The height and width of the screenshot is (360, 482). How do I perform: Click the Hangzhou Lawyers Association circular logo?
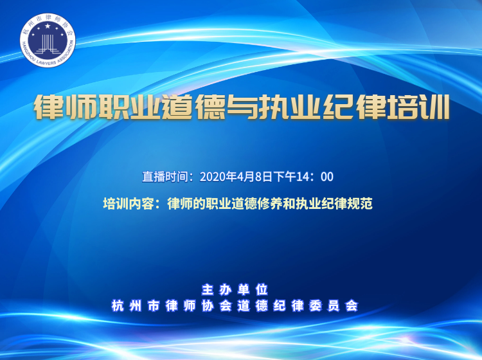click(48, 40)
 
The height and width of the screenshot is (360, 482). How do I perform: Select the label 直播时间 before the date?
click(165, 177)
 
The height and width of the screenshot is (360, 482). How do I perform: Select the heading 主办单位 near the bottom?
click(235, 289)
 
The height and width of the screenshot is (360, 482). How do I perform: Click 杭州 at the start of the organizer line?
click(127, 305)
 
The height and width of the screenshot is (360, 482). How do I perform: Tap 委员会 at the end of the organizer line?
click(334, 305)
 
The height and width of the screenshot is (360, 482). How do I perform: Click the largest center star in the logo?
click(48, 26)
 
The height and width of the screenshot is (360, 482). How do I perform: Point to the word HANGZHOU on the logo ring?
click(27, 48)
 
